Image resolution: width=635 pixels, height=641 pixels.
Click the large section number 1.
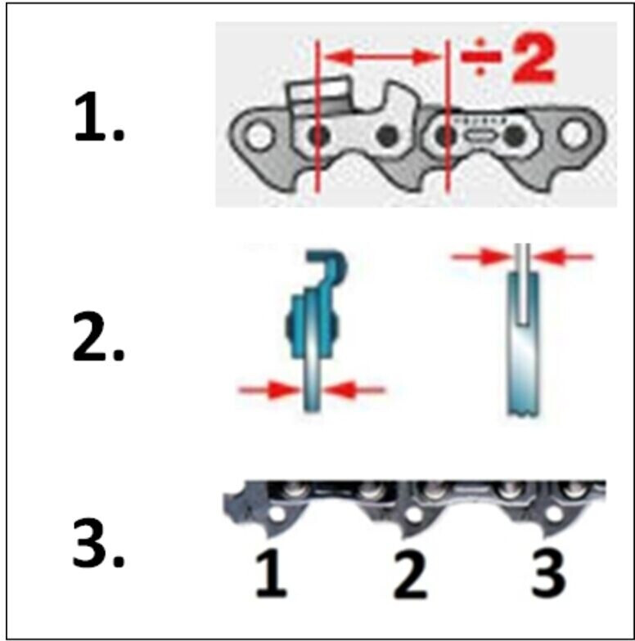[x=98, y=118]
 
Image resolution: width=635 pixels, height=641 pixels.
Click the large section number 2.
[x=98, y=337]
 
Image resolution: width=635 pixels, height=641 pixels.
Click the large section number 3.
[x=98, y=543]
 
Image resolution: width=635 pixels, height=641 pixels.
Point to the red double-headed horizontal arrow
[x=383, y=56]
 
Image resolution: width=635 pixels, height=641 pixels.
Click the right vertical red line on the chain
[x=448, y=116]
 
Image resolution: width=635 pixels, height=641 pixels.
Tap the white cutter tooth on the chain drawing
[x=320, y=91]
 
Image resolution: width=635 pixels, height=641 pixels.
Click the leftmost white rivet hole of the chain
[x=259, y=136]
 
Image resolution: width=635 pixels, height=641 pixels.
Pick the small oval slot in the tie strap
[x=480, y=136]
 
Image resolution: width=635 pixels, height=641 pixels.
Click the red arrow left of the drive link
[x=270, y=390]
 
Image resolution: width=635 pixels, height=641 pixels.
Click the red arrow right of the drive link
[x=354, y=390]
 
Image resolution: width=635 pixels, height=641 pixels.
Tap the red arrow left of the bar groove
[x=481, y=257]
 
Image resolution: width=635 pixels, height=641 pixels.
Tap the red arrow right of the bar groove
[x=563, y=257]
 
